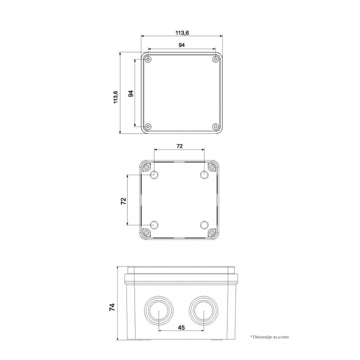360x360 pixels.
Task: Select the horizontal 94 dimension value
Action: point(182,45)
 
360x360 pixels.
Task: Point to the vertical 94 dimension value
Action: point(131,94)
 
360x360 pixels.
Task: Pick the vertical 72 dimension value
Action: point(123,201)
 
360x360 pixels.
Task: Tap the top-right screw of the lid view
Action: point(215,59)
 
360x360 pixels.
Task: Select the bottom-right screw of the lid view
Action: point(215,126)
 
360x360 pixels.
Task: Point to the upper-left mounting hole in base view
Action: point(154,174)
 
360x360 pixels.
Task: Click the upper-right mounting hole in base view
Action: point(204,174)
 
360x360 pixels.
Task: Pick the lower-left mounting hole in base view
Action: point(154,225)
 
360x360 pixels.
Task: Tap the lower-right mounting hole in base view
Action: point(204,225)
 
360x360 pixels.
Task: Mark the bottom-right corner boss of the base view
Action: point(211,232)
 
